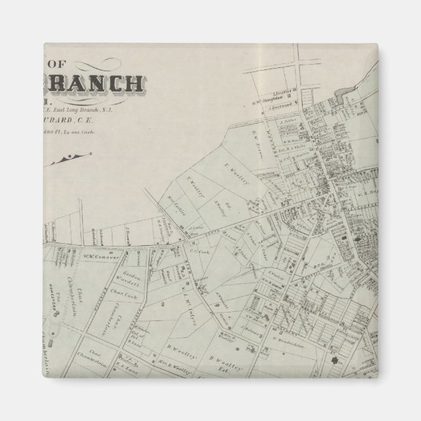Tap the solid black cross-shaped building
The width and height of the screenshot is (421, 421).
(337, 362)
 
